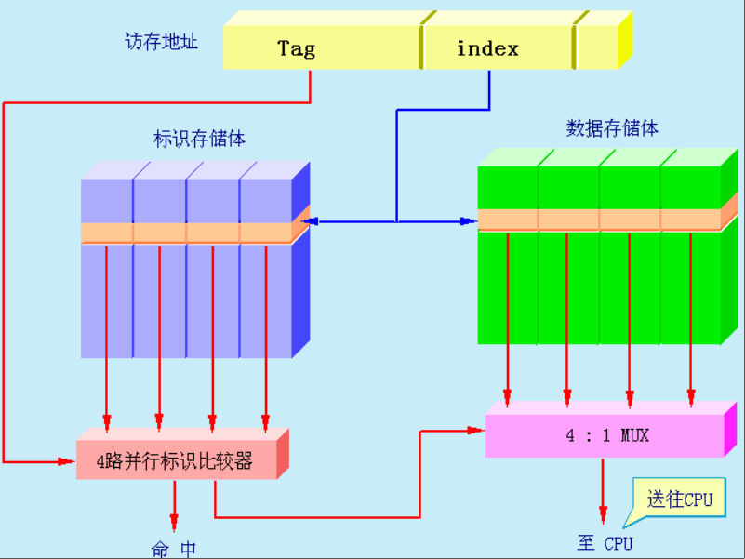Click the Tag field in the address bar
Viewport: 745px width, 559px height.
[x=296, y=48]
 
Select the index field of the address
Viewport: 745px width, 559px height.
[x=487, y=48]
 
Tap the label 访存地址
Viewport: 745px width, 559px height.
[x=162, y=42]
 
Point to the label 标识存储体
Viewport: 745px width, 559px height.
[x=200, y=140]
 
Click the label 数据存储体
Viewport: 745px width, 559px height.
[x=612, y=128]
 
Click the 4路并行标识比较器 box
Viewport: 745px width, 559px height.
[x=176, y=460]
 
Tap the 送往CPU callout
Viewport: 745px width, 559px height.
[x=679, y=499]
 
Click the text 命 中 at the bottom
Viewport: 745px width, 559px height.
[x=174, y=549]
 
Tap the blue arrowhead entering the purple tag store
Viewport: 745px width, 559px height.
[x=313, y=221]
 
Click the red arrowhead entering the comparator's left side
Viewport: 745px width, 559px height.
[x=69, y=460]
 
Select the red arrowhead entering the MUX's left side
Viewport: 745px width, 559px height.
[x=478, y=431]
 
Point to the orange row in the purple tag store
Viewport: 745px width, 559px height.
[x=186, y=232]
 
